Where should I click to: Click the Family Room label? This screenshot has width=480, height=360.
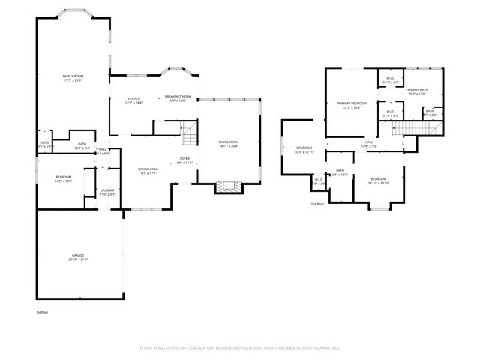pos(73,76)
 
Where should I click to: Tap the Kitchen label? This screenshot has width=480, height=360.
pos(133,97)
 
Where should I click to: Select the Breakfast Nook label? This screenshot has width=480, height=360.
pos(178,97)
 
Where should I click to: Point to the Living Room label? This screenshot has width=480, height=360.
pos(228,142)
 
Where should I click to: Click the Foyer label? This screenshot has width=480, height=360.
pos(184,158)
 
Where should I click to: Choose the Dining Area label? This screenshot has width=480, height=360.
pos(147,169)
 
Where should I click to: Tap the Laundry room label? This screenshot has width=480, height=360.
pos(107,190)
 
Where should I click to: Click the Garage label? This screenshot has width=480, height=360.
pos(78,256)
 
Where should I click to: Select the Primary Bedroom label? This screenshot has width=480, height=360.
pos(351,103)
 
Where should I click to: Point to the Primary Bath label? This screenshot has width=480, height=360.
pos(417,90)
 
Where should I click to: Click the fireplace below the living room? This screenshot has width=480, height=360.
pos(229,187)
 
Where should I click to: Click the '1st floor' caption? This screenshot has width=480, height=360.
pos(42,312)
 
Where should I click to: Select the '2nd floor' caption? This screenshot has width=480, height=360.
pos(317,204)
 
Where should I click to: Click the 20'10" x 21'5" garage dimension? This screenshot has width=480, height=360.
pos(78,260)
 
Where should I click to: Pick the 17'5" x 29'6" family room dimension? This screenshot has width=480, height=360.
pos(73,81)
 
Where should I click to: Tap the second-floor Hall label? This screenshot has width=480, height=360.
pos(369,142)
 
